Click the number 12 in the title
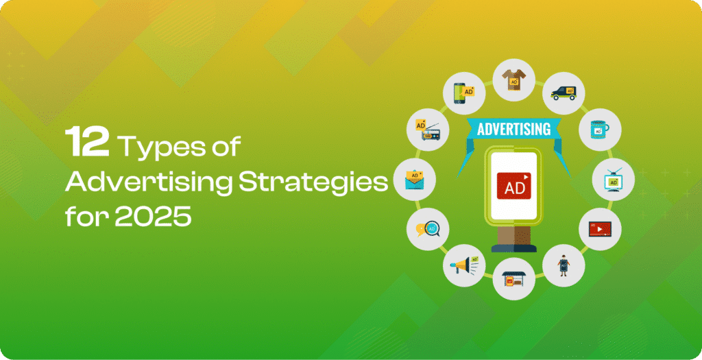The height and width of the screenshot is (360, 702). [87, 141]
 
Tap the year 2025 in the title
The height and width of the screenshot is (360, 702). [153, 216]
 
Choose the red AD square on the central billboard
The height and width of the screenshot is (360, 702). [513, 185]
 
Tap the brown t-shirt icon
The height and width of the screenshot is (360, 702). [513, 80]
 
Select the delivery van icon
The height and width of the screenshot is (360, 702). [564, 93]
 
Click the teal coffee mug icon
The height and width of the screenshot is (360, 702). [599, 130]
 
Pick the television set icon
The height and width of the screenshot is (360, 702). [613, 180]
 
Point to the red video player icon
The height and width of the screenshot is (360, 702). [600, 229]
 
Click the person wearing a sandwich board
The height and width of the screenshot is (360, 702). [564, 265]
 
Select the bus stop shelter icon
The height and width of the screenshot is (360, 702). [513, 279]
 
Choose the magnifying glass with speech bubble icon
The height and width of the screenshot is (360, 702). [428, 229]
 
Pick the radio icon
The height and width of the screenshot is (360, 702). [428, 130]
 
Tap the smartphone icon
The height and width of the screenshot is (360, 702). [462, 93]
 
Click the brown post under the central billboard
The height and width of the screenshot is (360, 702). [513, 235]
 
